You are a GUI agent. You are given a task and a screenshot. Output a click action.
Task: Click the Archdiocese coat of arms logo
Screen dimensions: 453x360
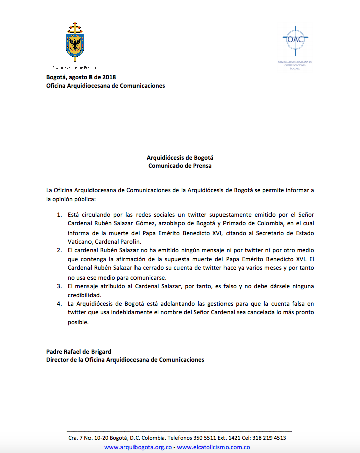(x=75, y=42)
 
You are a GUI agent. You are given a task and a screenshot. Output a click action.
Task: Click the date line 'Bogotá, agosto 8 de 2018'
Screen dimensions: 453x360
(x=81, y=77)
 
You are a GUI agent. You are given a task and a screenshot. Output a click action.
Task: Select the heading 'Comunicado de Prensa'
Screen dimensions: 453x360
(x=179, y=165)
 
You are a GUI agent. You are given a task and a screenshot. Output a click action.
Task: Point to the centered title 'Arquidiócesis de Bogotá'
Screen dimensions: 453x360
(x=179, y=157)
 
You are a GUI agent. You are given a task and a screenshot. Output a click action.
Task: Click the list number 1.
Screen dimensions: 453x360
(x=59, y=215)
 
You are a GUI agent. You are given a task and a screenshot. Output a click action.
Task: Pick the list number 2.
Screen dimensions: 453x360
(x=59, y=250)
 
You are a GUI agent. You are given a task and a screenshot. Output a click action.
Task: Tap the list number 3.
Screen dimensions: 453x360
(x=59, y=286)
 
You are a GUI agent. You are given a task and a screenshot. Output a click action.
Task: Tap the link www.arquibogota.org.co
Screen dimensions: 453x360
(x=139, y=447)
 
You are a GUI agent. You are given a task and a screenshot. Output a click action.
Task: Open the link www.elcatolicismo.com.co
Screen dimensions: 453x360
(x=214, y=447)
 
